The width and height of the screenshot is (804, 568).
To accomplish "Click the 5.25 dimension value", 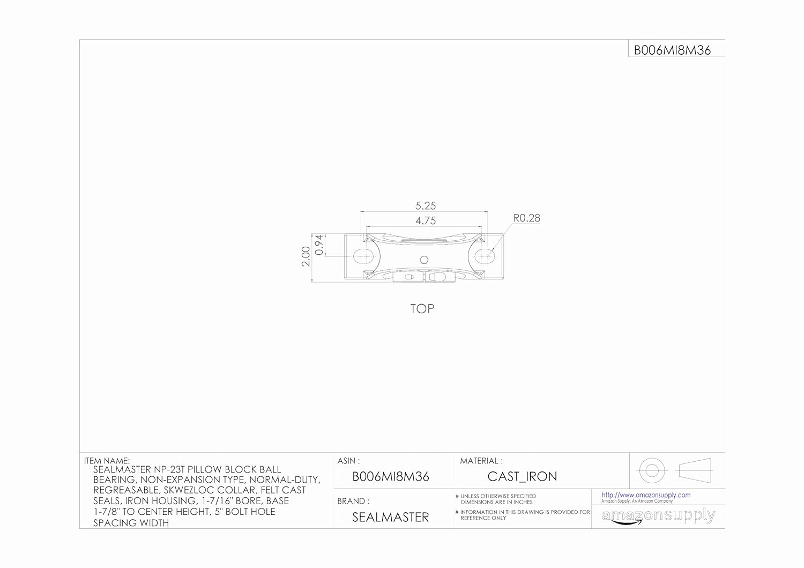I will pos(426,205).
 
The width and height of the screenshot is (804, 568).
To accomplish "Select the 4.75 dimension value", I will pos(426,220).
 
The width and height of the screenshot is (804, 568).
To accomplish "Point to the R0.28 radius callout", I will pos(526,218).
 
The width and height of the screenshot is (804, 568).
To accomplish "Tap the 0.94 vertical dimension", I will pos(319,245).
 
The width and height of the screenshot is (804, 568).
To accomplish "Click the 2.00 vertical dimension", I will pos(306,256).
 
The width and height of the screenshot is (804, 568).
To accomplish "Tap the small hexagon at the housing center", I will pos(423,260).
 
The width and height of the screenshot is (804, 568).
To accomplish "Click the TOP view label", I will pos(422,309).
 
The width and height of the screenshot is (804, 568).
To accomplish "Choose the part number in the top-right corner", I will pos(672,50).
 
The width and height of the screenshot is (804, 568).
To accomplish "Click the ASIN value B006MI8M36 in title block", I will pos(390,476).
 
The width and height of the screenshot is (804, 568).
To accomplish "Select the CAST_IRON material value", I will pos(522,476).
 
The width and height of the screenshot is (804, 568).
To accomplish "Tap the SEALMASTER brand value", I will pos(390,517).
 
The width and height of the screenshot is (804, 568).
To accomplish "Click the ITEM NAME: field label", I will pos(107,461).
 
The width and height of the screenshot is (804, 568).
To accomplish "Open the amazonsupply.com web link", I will pos(646,495).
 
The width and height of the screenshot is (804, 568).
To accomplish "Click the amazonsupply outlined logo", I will pos(658,516).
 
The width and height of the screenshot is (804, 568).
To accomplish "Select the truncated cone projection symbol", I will pos(695,470).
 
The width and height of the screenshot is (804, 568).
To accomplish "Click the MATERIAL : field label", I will pos(481,461).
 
